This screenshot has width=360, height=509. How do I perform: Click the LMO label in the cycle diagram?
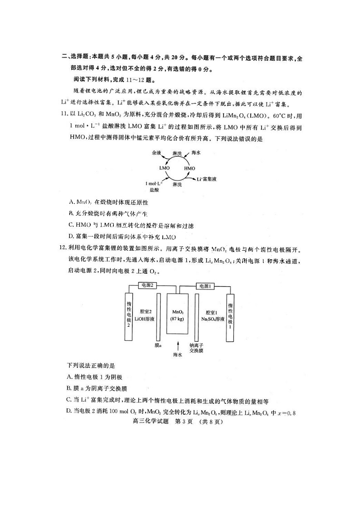coord(164,168)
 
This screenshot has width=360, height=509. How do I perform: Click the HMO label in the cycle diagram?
coord(190,168)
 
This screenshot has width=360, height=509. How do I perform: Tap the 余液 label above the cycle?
coord(156,153)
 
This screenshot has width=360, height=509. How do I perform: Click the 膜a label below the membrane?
coord(158,345)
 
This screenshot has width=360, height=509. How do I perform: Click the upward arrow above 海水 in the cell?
coord(178,345)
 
